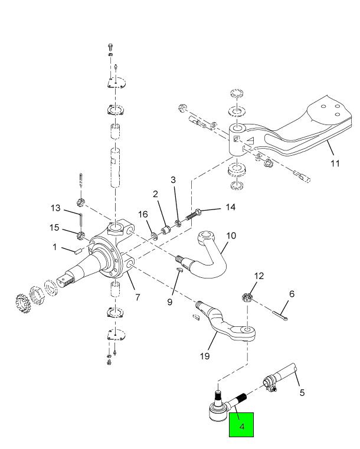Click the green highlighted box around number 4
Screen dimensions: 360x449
click(x=241, y=424)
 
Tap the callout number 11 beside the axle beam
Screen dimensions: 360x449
click(x=335, y=163)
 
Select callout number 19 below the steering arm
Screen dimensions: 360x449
click(x=205, y=356)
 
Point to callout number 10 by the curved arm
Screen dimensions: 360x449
click(x=231, y=235)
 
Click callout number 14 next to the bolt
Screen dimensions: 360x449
click(x=231, y=207)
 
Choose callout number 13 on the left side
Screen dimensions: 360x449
click(x=55, y=208)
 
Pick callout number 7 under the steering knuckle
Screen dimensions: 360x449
click(x=138, y=297)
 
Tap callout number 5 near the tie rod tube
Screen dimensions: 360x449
click(x=302, y=392)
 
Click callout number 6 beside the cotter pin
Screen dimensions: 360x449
click(x=292, y=294)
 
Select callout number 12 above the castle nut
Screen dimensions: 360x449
click(x=258, y=276)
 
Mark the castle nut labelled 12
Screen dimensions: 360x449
click(x=247, y=297)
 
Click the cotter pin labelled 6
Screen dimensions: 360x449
click(x=280, y=315)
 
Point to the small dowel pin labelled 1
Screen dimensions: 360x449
click(x=78, y=252)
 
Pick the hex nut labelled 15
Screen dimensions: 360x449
click(x=81, y=235)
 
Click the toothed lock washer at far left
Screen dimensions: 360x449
click(x=22, y=303)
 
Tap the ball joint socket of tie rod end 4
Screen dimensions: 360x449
click(x=218, y=412)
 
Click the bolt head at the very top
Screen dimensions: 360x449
click(x=110, y=47)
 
